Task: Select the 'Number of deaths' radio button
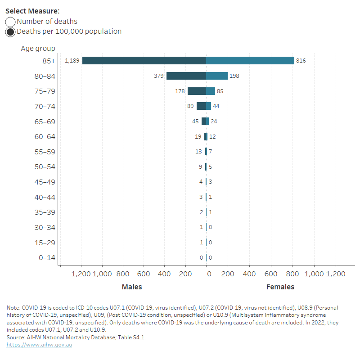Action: coord(10,22)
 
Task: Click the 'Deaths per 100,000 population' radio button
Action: coord(10,32)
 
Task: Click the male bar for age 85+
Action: coord(144,61)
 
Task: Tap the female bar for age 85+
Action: coord(250,61)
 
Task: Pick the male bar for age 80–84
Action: coord(186,76)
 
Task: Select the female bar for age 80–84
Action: coord(217,76)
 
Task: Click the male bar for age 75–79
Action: coord(197,91)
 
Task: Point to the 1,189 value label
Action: coord(72,61)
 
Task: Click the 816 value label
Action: coord(301,61)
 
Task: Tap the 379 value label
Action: coord(158,76)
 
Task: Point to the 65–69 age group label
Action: coord(45,121)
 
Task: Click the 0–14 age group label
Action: coord(46,258)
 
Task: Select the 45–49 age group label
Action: coord(45,182)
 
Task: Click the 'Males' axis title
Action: coord(132,287)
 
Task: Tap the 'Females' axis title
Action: coord(280,287)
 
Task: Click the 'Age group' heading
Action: coord(38,48)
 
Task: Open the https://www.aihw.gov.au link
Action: coord(39,345)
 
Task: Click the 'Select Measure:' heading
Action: coord(32,11)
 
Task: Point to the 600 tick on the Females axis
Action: coord(271,274)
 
